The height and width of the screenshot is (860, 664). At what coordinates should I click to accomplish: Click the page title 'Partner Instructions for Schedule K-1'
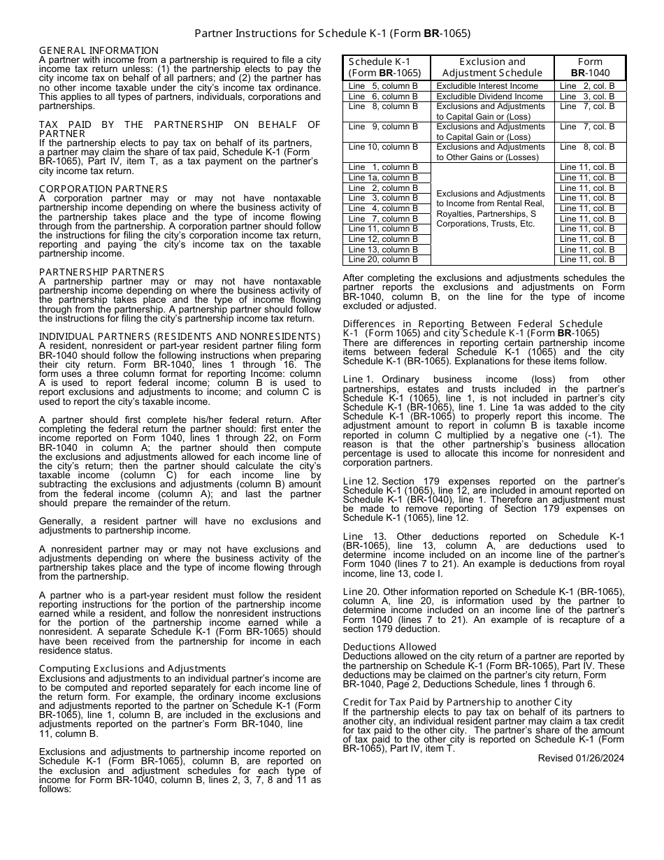[332, 33]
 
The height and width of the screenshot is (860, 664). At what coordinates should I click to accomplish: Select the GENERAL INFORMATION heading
[99, 50]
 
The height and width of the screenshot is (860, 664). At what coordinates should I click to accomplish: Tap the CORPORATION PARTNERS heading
[103, 189]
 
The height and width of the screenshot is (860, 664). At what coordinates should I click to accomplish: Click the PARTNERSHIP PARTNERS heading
[101, 272]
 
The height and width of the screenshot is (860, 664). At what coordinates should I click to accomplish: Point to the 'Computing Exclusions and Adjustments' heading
[132, 668]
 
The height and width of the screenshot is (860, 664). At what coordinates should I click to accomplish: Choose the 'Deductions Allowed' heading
[389, 647]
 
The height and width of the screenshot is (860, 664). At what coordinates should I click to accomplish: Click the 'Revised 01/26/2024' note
[581, 758]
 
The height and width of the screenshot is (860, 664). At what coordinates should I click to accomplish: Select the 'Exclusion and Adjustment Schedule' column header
[492, 67]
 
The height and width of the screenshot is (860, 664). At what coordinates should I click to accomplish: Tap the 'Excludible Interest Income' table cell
[487, 86]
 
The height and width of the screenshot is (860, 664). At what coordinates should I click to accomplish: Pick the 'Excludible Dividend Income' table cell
[489, 96]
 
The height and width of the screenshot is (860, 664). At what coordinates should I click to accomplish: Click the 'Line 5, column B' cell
[383, 86]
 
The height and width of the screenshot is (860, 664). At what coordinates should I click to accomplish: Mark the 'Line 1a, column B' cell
[383, 178]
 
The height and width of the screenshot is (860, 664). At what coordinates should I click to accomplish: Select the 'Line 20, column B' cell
[383, 259]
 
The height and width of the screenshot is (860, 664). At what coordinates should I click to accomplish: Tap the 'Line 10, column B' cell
[383, 147]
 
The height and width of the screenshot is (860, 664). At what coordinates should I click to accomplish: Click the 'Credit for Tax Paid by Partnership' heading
[457, 702]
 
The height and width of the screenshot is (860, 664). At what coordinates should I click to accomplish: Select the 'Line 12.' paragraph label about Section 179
[361, 481]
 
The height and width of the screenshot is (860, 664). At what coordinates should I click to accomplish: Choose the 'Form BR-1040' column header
[590, 67]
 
